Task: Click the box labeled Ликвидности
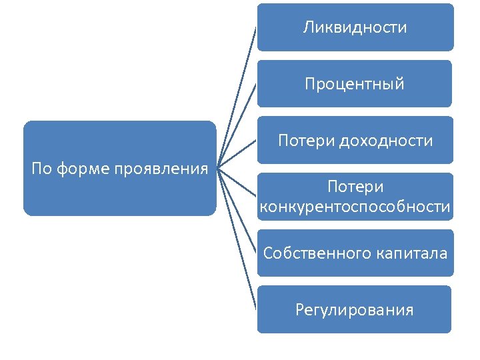[x=355, y=27]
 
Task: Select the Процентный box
[x=355, y=84]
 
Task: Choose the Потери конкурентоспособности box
[x=355, y=197]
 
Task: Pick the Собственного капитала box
[x=355, y=253]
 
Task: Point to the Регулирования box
[x=355, y=310]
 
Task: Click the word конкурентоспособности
[x=355, y=207]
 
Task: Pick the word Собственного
[x=315, y=253]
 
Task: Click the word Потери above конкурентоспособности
[x=355, y=187]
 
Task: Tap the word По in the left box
[x=41, y=169]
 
